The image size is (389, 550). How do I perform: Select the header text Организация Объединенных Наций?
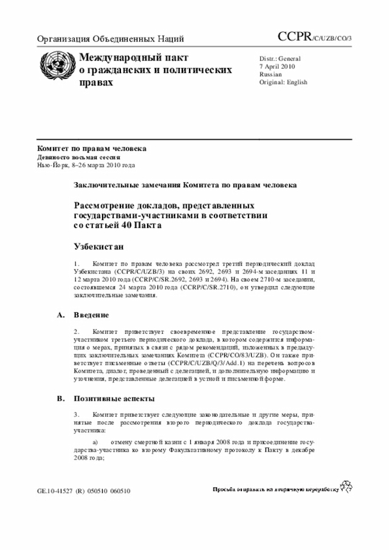tap(111, 40)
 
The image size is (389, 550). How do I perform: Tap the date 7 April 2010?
tap(279, 66)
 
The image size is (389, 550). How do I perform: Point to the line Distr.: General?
tap(284, 58)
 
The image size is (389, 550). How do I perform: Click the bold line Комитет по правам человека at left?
tap(91, 148)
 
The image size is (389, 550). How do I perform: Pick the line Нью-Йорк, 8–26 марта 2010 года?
tap(86, 165)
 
